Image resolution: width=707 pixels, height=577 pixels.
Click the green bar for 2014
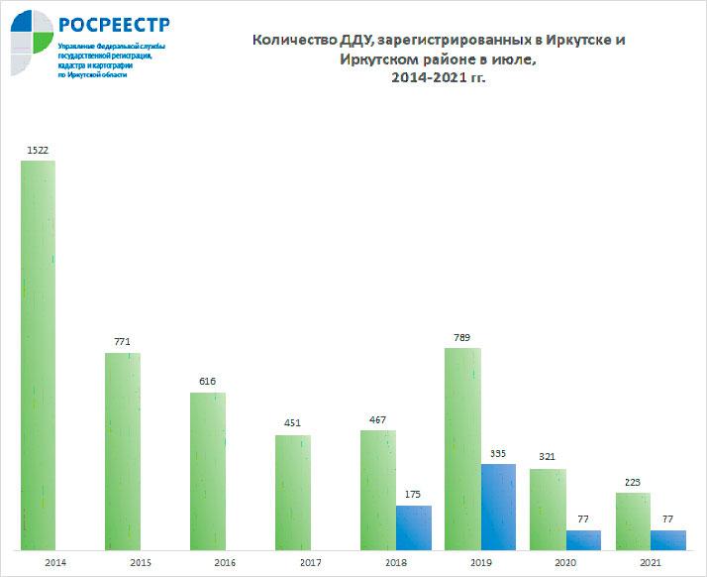(38, 355)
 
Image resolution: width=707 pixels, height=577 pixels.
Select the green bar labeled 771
(123, 451)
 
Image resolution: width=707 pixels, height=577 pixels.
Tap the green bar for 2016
(208, 471)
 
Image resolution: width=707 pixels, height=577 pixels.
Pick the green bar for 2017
(293, 492)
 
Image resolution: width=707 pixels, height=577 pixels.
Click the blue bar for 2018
(414, 526)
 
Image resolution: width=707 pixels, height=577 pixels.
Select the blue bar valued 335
(498, 506)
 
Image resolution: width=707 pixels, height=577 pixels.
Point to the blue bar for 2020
(583, 539)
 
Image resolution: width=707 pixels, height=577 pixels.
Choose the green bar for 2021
(633, 520)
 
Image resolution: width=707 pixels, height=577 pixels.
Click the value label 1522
(38, 151)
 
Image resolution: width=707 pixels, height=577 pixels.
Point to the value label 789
(461, 338)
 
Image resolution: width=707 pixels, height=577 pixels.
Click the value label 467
(377, 420)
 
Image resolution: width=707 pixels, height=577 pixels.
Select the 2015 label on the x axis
(141, 563)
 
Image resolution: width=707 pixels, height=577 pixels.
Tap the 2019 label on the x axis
(480, 563)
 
